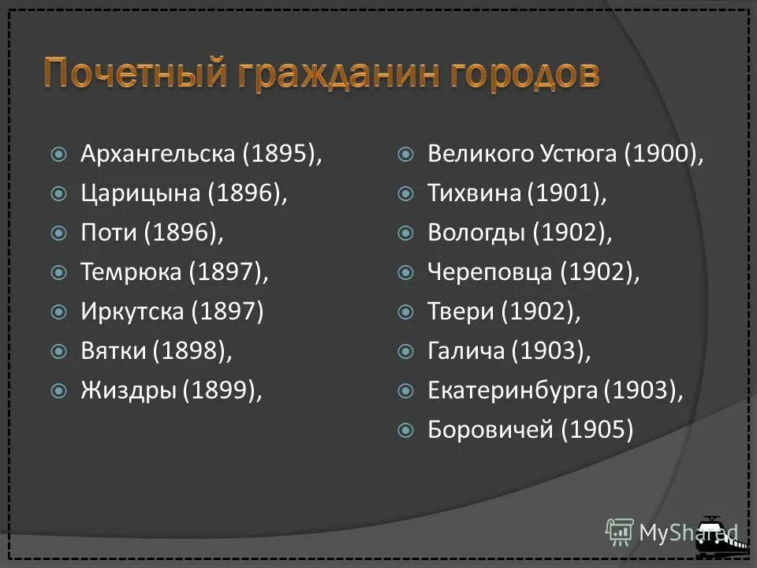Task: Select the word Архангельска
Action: pyautogui.click(x=158, y=154)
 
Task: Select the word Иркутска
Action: pyautogui.click(x=132, y=312)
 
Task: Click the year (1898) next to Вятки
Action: pyautogui.click(x=192, y=351)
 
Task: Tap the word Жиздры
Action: pyautogui.click(x=129, y=390)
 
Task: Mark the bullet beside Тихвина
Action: pyautogui.click(x=405, y=194)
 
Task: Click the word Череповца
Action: pyautogui.click(x=490, y=272)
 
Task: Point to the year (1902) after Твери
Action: pyautogui.click(x=540, y=312)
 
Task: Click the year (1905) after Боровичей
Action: pyautogui.click(x=597, y=430)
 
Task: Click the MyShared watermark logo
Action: pyautogui.click(x=670, y=532)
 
